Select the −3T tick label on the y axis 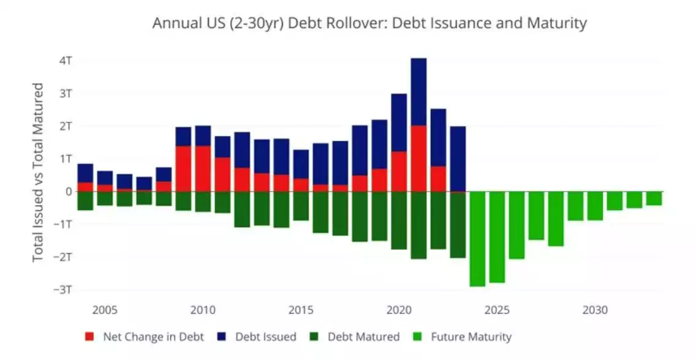(63, 289)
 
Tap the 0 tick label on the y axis (69, 191)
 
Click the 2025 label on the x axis (497, 310)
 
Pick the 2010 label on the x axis (203, 310)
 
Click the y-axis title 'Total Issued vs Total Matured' (38, 172)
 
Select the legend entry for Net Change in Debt (145, 337)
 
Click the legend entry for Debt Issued (259, 337)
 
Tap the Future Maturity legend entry (463, 337)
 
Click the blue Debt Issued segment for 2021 (418, 92)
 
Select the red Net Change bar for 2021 (418, 158)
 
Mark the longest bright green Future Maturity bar (477, 239)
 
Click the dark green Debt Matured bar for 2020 (399, 220)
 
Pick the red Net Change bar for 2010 (203, 168)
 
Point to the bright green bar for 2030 (595, 206)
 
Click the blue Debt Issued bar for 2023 (458, 159)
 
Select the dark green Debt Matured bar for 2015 (301, 206)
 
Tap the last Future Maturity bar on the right (654, 198)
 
